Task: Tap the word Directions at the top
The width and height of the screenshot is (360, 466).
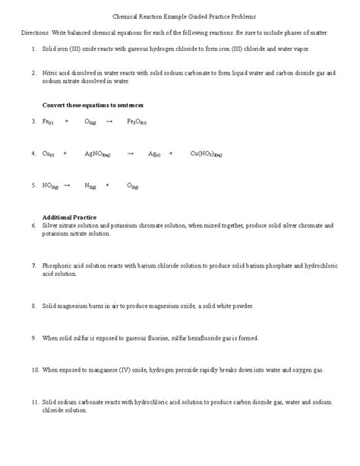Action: [x=33, y=33]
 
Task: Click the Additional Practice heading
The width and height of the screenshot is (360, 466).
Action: [x=69, y=217]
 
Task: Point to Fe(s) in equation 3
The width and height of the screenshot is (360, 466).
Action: [x=47, y=121]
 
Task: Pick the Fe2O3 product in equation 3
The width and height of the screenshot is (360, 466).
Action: [x=137, y=121]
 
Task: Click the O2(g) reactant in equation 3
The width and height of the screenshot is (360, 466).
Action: [x=90, y=121]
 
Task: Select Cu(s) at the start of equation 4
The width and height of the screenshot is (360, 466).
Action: [x=48, y=153]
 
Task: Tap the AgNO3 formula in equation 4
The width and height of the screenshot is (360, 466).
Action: [x=99, y=153]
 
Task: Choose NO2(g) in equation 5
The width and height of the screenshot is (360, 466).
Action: [x=50, y=185]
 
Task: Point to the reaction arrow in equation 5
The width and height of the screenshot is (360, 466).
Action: [x=67, y=185]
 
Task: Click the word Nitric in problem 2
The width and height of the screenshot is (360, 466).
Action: [x=51, y=73]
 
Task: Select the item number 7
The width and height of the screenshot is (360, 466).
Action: [x=34, y=265]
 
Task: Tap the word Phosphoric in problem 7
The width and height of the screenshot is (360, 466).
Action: [x=58, y=265]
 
